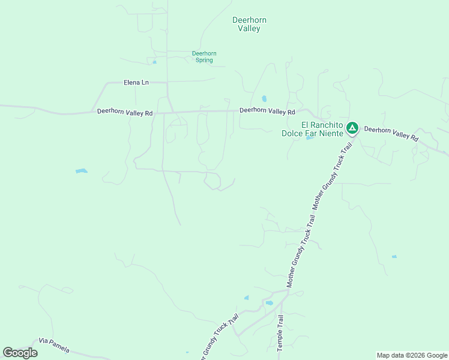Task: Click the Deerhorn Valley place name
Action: (x=249, y=24)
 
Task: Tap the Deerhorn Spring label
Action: (x=204, y=57)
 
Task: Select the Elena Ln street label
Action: (x=136, y=82)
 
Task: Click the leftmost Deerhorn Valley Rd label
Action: (x=125, y=112)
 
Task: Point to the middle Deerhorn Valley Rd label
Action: (x=267, y=111)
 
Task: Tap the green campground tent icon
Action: (x=352, y=127)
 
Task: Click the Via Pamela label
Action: (x=54, y=345)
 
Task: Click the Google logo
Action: (x=20, y=353)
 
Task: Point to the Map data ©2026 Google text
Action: (x=412, y=355)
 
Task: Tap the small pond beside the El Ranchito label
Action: (x=309, y=138)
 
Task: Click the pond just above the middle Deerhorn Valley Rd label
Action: (x=264, y=98)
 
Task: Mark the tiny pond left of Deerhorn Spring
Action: (x=154, y=62)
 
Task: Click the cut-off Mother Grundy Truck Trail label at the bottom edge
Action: (x=219, y=339)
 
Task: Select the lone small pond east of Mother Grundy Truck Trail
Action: (x=394, y=257)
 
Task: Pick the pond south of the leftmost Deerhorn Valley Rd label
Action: (x=82, y=171)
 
